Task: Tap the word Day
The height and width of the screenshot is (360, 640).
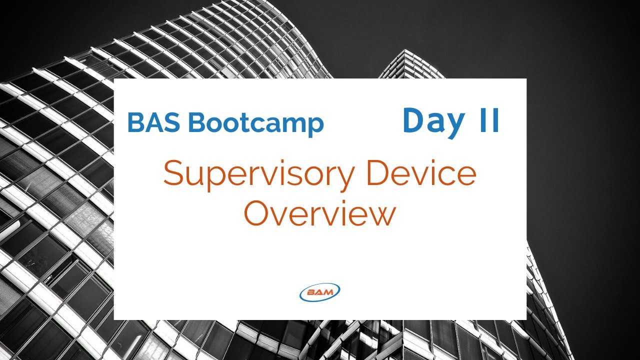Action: [x=433, y=121]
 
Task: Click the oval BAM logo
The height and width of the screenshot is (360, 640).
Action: [x=319, y=292]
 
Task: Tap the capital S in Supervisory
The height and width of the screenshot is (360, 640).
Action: [x=174, y=173]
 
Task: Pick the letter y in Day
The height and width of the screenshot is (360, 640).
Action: [x=454, y=125]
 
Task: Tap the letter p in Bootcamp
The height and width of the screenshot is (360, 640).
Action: [x=316, y=126]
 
